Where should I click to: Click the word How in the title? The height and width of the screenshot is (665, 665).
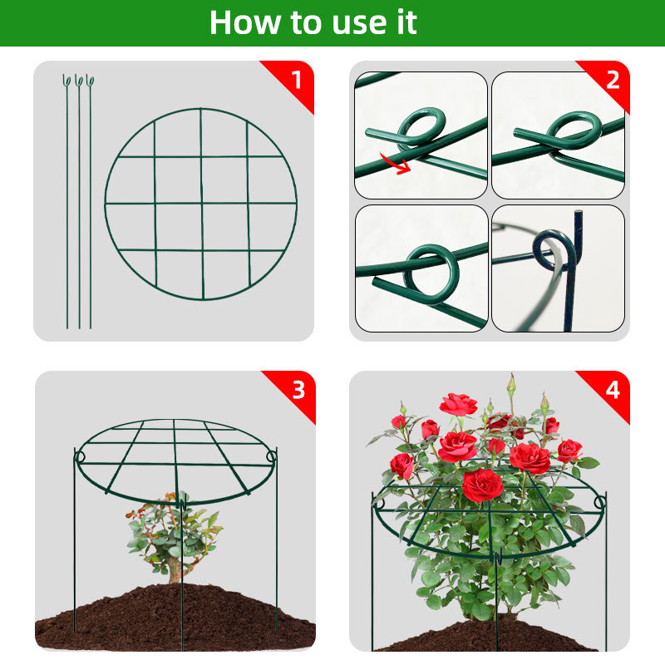click(x=244, y=22)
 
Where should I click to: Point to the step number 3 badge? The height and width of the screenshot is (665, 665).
click(x=298, y=389)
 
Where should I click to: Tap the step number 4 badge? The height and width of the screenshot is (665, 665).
click(x=613, y=389)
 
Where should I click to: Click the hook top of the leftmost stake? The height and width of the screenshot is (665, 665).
click(x=66, y=80)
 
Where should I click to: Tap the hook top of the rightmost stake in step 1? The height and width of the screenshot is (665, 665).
click(x=90, y=80)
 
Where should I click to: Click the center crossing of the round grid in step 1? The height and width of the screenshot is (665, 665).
click(x=202, y=204)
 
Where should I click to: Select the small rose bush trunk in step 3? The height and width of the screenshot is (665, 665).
click(x=174, y=573)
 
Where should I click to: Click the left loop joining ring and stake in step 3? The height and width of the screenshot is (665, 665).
click(x=79, y=457)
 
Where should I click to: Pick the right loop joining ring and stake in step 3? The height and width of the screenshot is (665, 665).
click(x=272, y=457)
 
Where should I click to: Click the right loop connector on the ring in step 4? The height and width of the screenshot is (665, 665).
click(x=599, y=503)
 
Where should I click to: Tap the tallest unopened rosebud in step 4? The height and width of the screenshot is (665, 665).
click(x=512, y=384)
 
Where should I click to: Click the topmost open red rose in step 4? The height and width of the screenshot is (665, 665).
click(x=458, y=404)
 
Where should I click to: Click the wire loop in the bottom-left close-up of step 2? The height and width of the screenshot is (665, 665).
click(x=431, y=273)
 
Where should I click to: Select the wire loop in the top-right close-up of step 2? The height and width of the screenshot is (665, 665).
click(x=574, y=130)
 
